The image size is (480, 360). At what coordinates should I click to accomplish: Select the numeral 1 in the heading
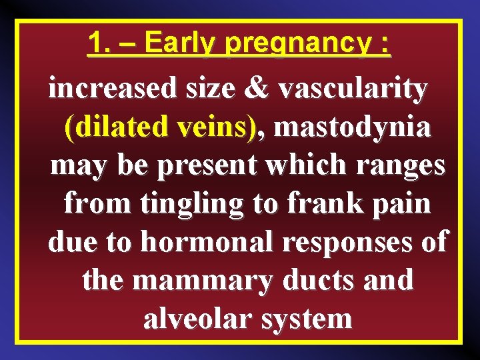(97, 44)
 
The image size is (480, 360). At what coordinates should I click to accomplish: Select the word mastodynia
(351, 127)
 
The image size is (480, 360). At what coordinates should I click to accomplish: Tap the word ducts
(325, 280)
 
